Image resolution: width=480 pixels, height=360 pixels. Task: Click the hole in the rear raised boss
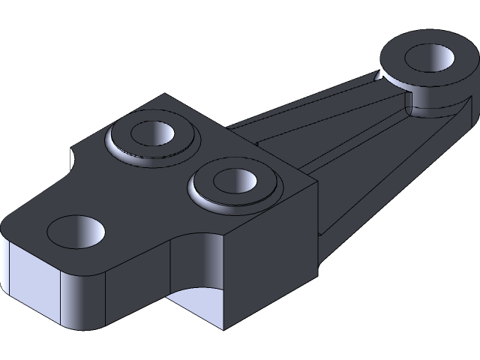point(153,133)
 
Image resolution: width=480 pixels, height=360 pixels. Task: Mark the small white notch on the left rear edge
point(73,160)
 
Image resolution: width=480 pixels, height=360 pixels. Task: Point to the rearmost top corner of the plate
point(166,95)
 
